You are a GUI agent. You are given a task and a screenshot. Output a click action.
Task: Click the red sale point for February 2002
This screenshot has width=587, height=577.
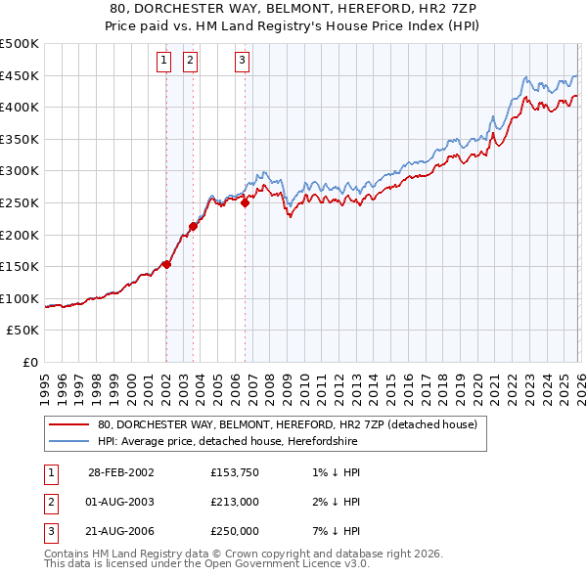coord(167,264)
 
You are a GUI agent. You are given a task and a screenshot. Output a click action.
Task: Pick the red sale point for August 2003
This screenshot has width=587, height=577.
coord(193,226)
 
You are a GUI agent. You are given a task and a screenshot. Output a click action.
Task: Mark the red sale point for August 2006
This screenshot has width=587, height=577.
coord(245,202)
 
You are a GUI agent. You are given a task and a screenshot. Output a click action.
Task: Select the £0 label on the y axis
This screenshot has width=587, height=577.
coord(30,362)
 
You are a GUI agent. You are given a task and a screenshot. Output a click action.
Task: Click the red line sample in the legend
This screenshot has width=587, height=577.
coord(68,425)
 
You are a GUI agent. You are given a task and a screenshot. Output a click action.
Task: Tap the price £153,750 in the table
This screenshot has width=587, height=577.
coord(235,472)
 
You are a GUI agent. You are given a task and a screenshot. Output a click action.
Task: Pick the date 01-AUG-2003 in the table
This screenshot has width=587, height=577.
coord(121,502)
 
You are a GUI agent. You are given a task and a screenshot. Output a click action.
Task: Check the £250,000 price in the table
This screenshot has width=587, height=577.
coord(235,531)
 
